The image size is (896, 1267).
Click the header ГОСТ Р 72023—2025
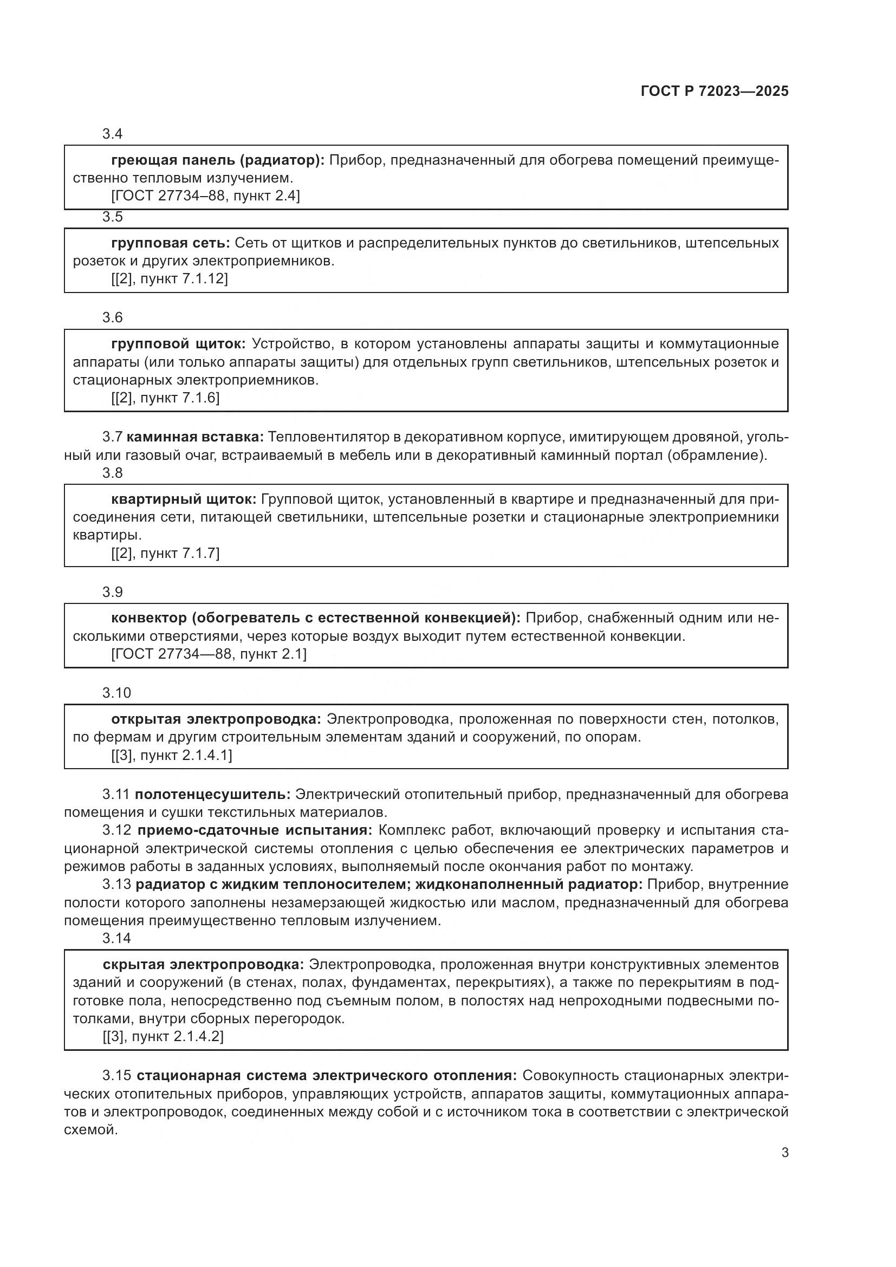pyautogui.click(x=714, y=92)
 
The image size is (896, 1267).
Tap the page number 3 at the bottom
pyautogui.click(x=784, y=1152)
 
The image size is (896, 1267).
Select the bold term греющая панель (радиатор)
pyautogui.click(x=218, y=160)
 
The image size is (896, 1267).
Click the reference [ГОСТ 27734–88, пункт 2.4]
pyautogui.click(x=205, y=196)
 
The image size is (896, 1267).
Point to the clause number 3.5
pyautogui.click(x=112, y=217)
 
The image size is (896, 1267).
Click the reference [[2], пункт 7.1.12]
pyautogui.click(x=170, y=278)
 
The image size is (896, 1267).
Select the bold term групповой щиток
pyautogui.click(x=178, y=344)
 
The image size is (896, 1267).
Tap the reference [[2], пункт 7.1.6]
pyautogui.click(x=165, y=398)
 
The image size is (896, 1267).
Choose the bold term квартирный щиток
pyautogui.click(x=184, y=499)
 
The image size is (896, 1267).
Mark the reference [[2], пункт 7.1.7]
pyautogui.click(x=165, y=553)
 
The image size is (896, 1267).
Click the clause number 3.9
pyautogui.click(x=112, y=592)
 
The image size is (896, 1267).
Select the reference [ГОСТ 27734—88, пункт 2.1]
pyautogui.click(x=209, y=654)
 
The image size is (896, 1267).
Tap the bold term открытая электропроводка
pyautogui.click(x=216, y=719)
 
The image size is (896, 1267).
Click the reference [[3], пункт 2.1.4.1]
pyautogui.click(x=172, y=755)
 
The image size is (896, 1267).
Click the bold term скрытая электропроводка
pyautogui.click(x=203, y=964)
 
